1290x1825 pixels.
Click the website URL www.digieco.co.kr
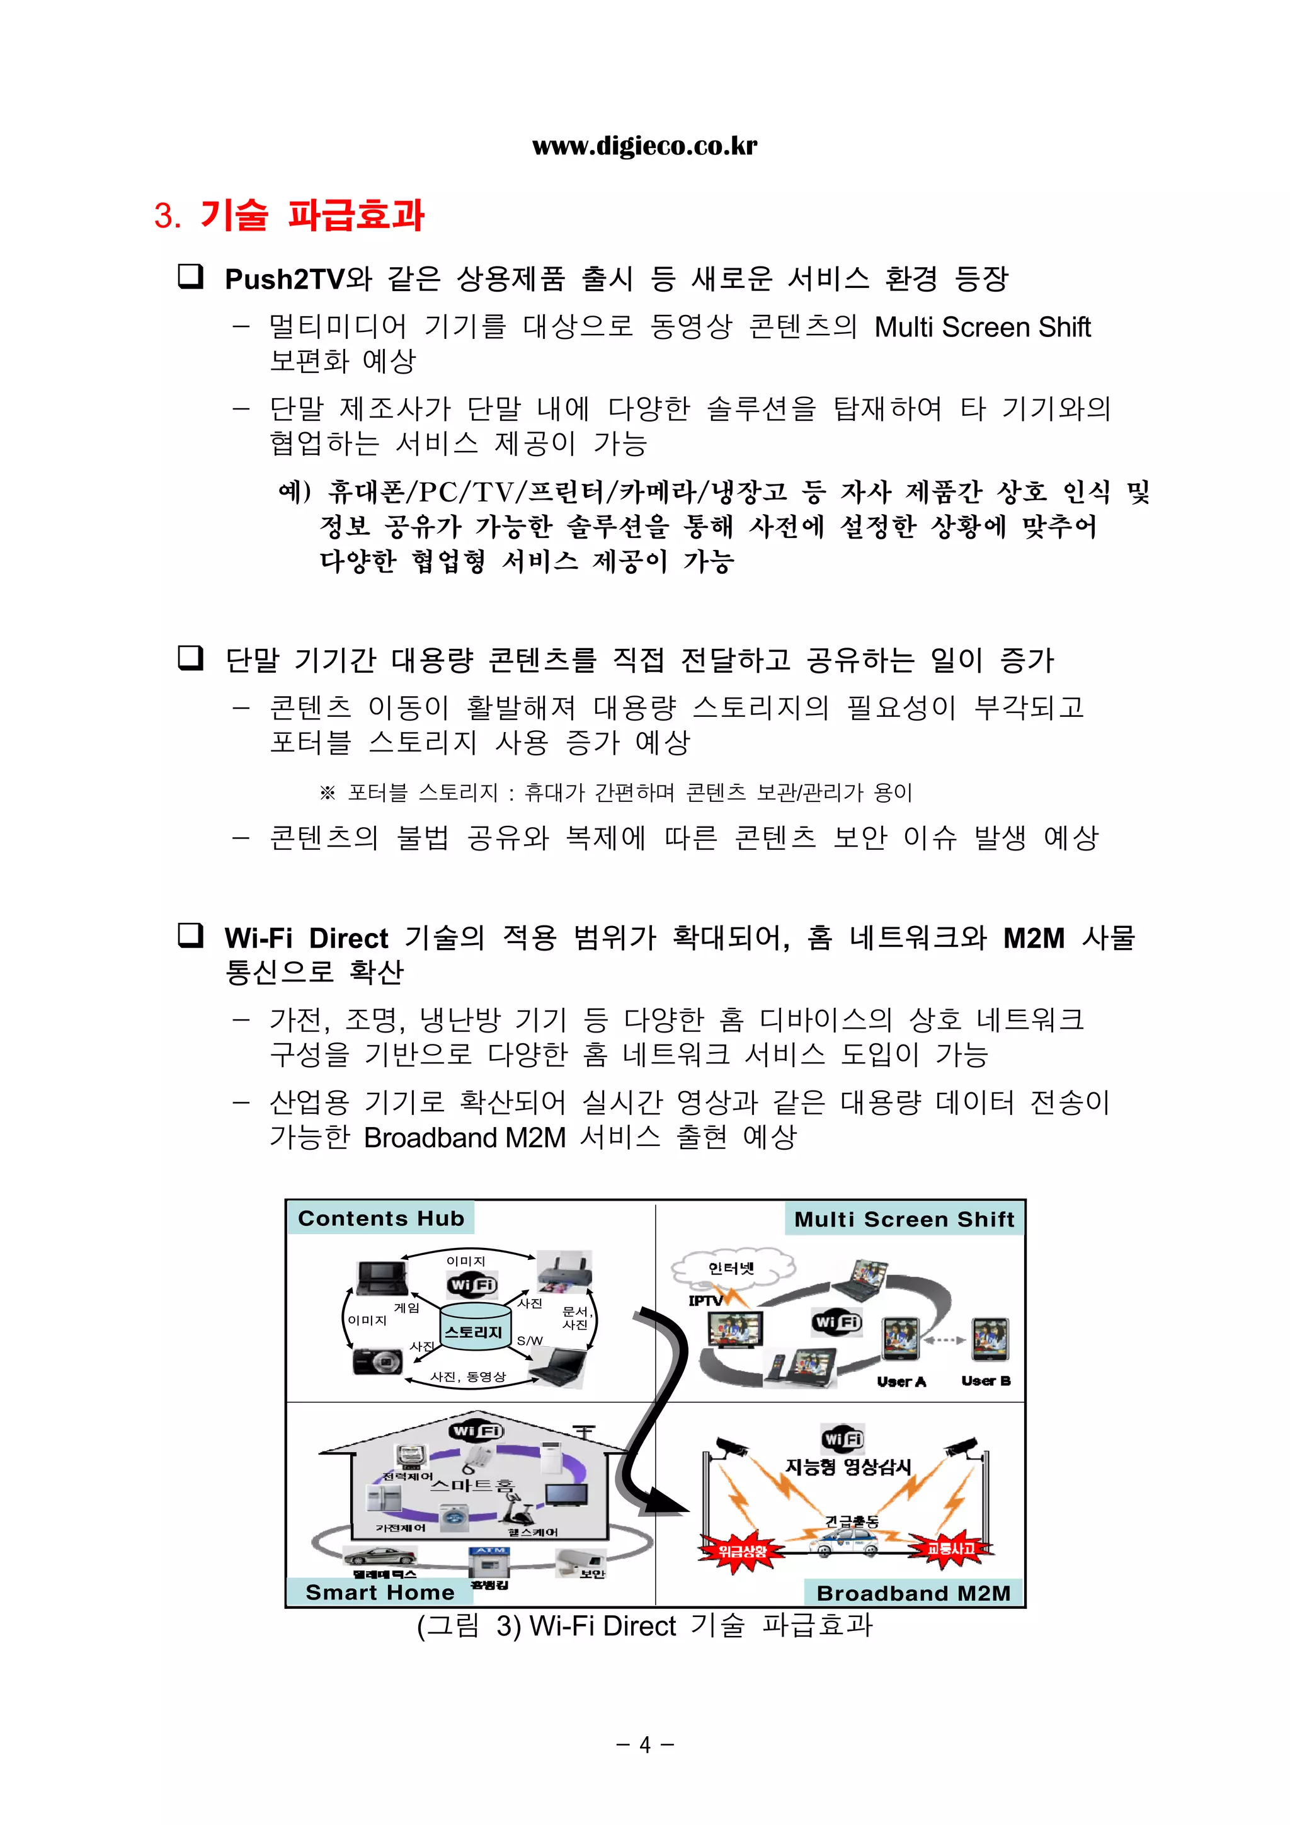644,146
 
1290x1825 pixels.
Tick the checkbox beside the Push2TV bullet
190,277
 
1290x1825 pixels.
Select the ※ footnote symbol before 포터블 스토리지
327,792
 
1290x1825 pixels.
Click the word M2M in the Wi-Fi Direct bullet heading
1032,938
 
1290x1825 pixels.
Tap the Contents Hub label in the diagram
380,1218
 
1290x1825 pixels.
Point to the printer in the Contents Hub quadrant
564,1272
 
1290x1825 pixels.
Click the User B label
986,1381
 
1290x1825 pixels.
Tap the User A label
901,1382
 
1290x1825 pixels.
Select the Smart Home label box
379,1592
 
